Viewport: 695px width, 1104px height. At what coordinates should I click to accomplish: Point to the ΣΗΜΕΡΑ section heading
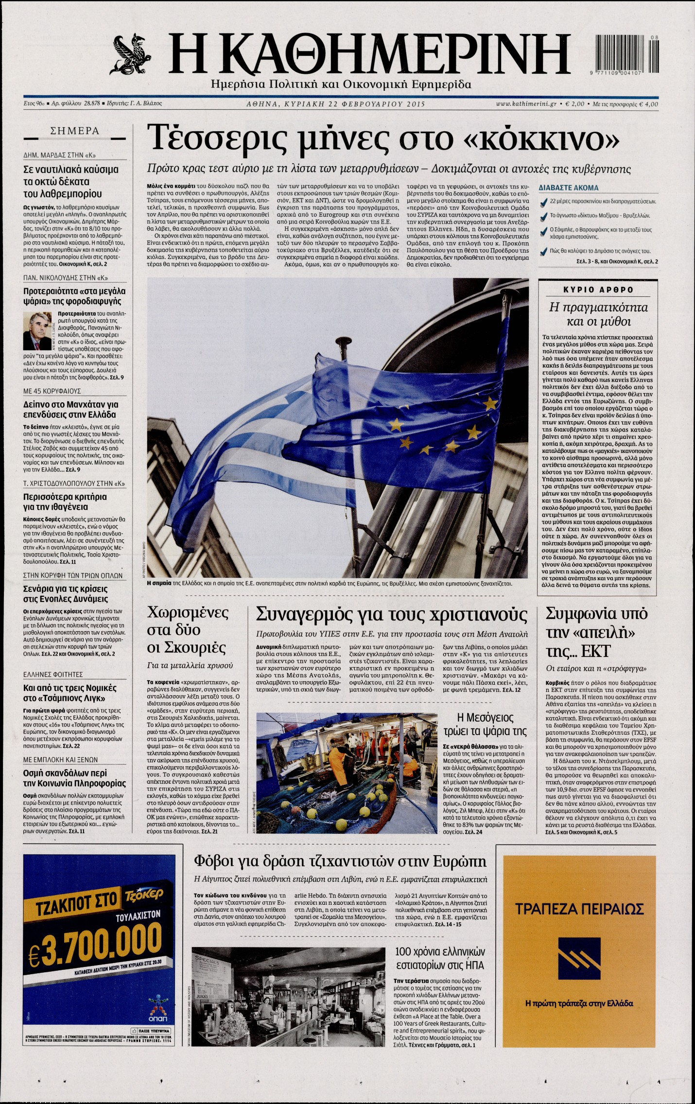click(x=75, y=131)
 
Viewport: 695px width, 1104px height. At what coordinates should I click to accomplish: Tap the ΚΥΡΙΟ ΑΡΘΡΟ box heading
click(x=598, y=290)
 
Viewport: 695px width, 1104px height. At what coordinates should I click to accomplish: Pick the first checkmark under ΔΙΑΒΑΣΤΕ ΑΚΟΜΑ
click(x=543, y=202)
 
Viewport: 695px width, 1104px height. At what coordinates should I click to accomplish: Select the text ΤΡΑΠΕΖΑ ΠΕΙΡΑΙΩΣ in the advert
click(x=579, y=908)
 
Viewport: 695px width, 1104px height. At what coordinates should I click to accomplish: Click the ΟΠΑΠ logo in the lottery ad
click(x=159, y=1003)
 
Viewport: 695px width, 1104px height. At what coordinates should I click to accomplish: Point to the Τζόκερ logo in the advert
click(x=143, y=894)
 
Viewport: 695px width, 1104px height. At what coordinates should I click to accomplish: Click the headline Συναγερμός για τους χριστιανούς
click(x=391, y=614)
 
